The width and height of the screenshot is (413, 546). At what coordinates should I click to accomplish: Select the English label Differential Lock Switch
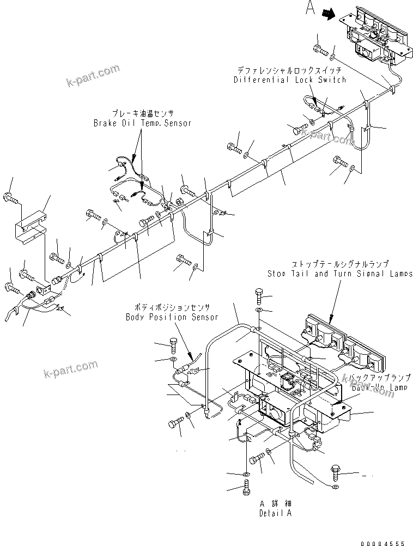(290, 80)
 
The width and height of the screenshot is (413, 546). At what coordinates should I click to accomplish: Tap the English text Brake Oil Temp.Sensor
(142, 123)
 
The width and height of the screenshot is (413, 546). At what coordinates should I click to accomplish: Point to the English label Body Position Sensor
(172, 317)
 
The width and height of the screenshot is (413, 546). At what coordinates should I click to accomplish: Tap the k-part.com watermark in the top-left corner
(92, 76)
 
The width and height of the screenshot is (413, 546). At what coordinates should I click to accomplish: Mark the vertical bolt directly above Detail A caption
(246, 486)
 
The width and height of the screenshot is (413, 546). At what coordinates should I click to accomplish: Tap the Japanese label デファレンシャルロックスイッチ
(290, 71)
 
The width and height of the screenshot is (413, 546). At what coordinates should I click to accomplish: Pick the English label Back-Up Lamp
(379, 387)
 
